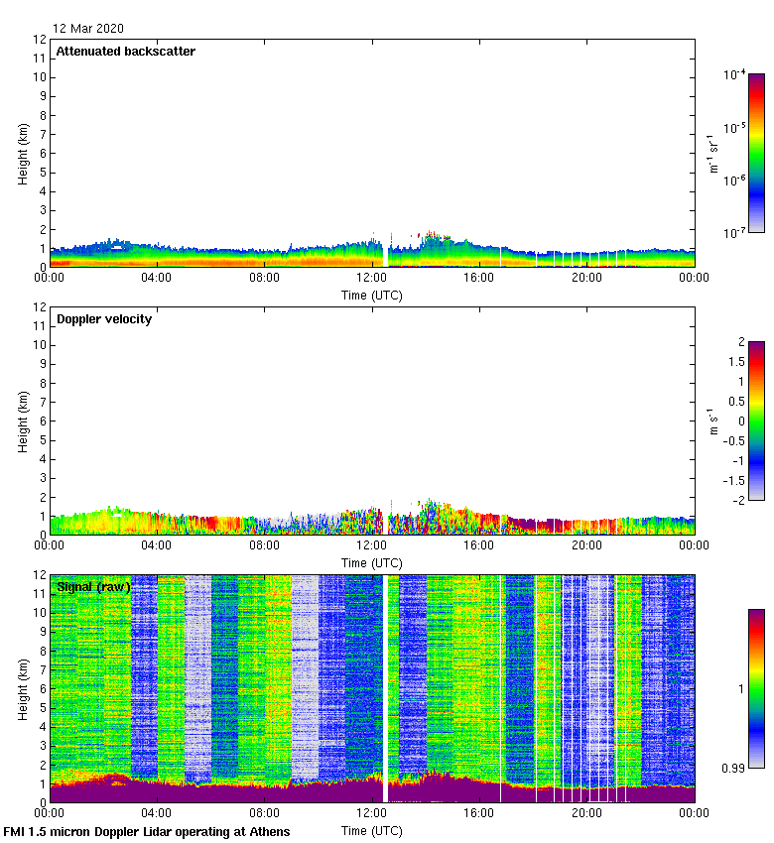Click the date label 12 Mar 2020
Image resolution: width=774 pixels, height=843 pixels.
(88, 29)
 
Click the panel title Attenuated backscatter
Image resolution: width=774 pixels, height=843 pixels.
(126, 52)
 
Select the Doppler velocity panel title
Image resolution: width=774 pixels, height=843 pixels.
(104, 319)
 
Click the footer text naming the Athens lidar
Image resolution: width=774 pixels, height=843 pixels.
(147, 831)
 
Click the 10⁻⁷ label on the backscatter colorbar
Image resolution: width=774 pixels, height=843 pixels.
(735, 233)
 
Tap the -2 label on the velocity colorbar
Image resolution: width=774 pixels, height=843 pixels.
(737, 500)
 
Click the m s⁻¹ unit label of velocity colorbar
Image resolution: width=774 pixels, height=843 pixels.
(711, 421)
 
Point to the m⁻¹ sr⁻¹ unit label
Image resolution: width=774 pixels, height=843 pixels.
(711, 154)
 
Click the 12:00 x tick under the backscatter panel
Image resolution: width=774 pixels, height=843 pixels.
(371, 278)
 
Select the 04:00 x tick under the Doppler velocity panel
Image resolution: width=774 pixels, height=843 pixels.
(157, 545)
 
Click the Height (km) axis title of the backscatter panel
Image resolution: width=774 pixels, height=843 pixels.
(23, 154)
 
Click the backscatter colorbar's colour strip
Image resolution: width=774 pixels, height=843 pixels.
(756, 154)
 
